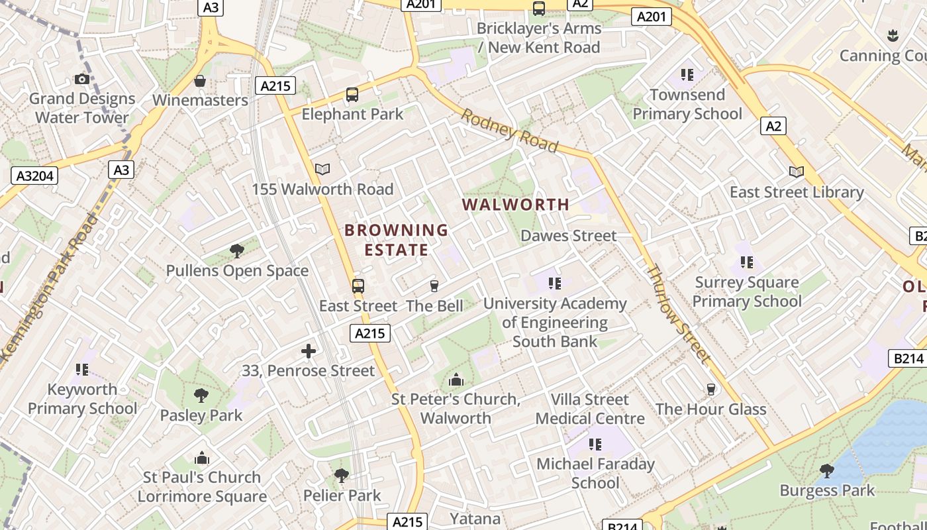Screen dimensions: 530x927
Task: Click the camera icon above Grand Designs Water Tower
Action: [x=82, y=79]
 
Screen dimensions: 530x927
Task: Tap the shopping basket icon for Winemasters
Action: [x=200, y=81]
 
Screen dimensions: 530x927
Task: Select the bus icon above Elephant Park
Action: [x=352, y=95]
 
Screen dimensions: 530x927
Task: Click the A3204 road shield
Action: [x=34, y=176]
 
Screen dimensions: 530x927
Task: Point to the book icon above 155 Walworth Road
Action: [x=322, y=170]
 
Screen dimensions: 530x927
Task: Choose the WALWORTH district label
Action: [x=516, y=205]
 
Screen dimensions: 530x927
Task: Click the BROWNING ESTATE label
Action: [x=397, y=240]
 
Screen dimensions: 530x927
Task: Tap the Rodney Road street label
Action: [x=509, y=131]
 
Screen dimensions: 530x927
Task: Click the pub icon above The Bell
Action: [x=434, y=286]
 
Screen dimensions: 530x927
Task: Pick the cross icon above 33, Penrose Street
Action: [x=309, y=351]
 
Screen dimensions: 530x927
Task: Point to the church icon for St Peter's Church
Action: [x=456, y=380]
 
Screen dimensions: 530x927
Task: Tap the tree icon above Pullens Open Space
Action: [x=237, y=251]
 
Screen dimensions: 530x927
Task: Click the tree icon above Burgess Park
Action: [x=826, y=471]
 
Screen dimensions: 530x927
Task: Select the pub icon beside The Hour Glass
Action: [x=711, y=390]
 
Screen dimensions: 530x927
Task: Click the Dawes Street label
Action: [x=568, y=236]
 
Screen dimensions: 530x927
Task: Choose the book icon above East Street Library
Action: [x=797, y=172]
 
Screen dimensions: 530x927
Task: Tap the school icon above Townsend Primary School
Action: [x=687, y=75]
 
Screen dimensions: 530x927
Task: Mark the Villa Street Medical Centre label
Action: [x=590, y=409]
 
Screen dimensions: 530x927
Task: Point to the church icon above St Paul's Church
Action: [x=202, y=458]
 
